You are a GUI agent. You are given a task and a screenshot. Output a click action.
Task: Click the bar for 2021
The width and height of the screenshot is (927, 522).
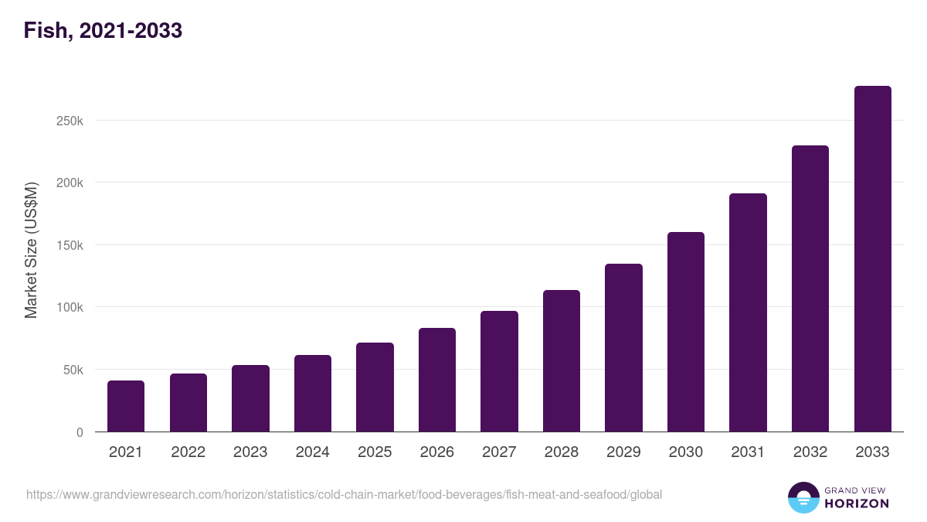pos(126,406)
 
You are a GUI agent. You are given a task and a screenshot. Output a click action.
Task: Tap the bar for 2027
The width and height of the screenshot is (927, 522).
pos(499,371)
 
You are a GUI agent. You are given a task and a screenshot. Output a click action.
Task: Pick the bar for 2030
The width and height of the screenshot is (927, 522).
pos(686,332)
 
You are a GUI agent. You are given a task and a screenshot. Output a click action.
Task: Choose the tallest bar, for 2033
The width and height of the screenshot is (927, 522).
pos(872,259)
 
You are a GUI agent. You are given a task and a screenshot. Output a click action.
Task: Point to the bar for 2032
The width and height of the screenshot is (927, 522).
pos(810,288)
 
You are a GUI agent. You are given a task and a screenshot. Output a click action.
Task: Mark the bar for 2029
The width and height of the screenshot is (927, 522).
pos(623,347)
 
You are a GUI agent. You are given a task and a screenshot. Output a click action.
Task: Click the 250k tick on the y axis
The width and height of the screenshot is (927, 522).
pos(69,121)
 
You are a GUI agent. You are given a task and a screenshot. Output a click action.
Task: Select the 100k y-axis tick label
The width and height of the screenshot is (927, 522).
pos(69,308)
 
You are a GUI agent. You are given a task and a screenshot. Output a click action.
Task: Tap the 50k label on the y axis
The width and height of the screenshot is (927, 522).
pos(72,370)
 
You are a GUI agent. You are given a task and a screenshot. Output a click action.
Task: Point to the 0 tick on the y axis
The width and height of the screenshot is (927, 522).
pos(80,433)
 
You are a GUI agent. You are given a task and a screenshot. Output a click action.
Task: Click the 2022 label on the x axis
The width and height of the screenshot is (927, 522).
pos(188,452)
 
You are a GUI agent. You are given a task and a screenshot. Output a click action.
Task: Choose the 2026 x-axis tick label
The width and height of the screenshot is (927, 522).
pos(436,452)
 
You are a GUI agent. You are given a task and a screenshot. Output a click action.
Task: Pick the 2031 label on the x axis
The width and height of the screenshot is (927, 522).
pos(748,452)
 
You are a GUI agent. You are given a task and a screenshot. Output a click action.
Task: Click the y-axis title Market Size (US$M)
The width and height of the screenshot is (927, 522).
pos(31,251)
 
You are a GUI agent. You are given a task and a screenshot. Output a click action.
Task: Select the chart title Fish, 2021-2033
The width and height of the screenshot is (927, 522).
pos(103,31)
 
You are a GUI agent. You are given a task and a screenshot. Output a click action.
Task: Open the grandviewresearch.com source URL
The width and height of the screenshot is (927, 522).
pos(344,494)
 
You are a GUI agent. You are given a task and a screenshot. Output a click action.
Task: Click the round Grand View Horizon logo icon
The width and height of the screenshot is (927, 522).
pos(803,497)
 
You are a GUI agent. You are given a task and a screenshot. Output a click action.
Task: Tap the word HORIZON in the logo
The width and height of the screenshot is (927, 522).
pos(856,503)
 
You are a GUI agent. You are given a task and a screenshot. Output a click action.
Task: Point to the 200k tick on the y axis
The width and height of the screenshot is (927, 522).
pos(69,183)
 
